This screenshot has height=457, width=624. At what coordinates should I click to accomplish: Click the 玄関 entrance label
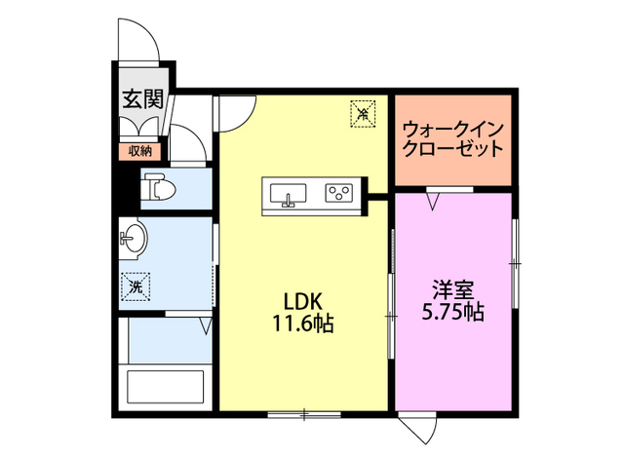(141, 98)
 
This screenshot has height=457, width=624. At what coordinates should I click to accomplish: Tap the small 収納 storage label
(139, 150)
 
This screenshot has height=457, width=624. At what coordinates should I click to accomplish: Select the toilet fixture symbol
(158, 187)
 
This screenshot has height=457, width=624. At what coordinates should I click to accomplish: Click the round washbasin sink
(134, 238)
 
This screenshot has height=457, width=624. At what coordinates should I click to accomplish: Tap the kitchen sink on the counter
(288, 192)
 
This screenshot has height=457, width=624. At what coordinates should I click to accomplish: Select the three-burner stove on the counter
(340, 192)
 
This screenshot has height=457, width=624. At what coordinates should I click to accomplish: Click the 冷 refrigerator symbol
(361, 114)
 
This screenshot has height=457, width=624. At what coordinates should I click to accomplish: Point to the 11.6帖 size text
(303, 324)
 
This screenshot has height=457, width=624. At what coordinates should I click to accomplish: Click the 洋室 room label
(453, 289)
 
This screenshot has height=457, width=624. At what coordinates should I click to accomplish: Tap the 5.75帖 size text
(453, 313)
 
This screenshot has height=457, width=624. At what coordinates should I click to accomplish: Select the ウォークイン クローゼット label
(452, 139)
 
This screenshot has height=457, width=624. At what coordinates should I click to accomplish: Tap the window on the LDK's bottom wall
(304, 415)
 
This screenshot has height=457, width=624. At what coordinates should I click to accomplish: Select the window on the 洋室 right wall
(517, 262)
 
